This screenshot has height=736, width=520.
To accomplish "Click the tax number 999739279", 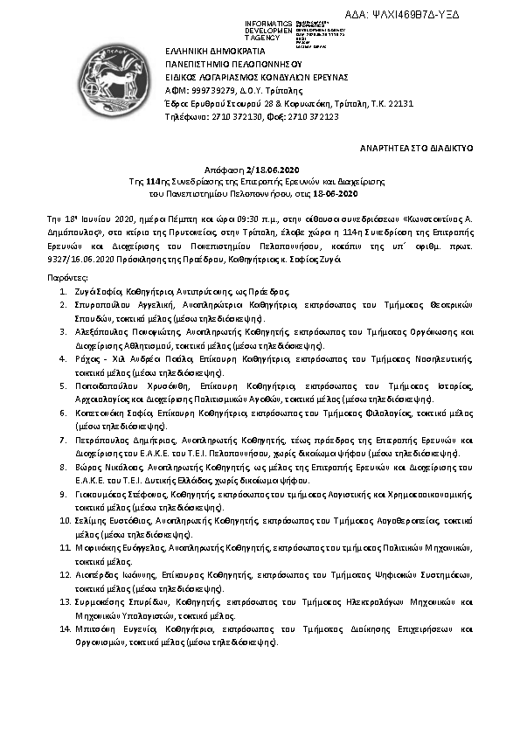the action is [x=205, y=89].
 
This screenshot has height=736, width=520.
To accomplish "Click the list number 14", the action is [x=65, y=628].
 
